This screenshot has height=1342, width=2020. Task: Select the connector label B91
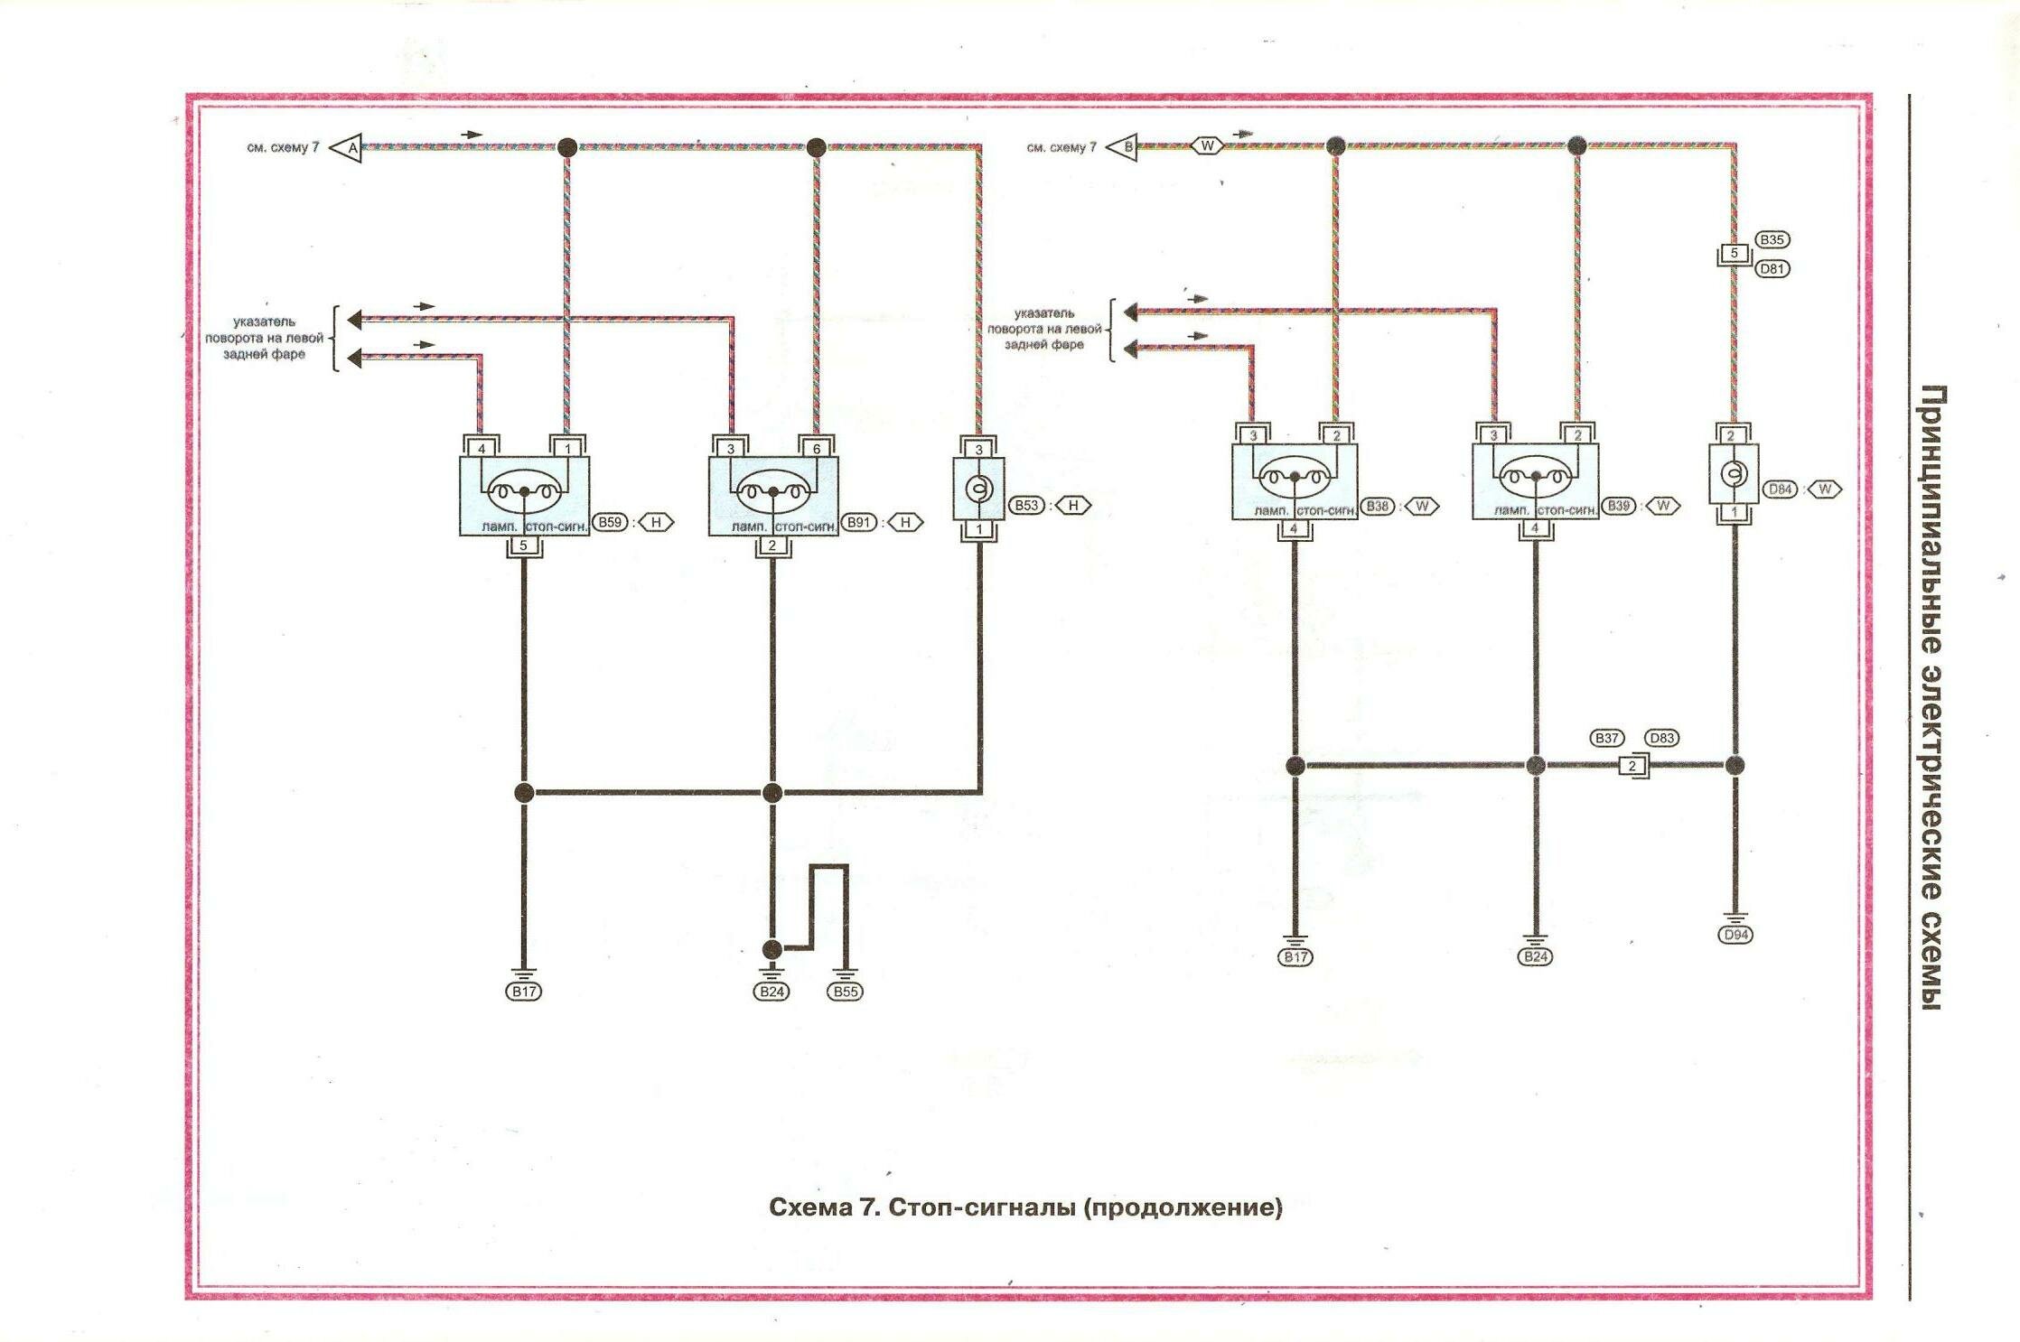tap(859, 522)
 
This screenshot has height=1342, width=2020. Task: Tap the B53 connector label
tap(1026, 506)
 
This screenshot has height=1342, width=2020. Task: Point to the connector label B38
tap(1378, 507)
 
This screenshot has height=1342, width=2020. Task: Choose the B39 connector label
tap(1619, 506)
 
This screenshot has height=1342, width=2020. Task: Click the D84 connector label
tap(1781, 489)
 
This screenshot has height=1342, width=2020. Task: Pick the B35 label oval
tap(1772, 239)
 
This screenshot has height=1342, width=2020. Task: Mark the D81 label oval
tap(1772, 268)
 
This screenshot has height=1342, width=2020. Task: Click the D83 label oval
tap(1662, 738)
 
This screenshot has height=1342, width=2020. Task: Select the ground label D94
tap(1735, 935)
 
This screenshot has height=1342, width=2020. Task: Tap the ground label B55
tap(846, 992)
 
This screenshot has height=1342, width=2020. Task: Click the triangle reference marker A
tap(347, 147)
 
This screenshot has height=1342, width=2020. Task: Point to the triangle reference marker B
tap(1123, 146)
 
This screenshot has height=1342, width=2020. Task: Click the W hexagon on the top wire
tap(1207, 145)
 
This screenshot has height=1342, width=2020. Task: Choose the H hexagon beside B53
tap(1073, 506)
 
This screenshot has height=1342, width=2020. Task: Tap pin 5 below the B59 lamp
tap(523, 545)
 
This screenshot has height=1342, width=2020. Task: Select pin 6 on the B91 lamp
tap(817, 449)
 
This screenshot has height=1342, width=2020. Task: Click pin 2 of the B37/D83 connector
tap(1632, 766)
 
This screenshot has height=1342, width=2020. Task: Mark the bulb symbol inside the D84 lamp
tap(1735, 473)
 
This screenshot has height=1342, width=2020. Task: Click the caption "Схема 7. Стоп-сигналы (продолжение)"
tap(1025, 1207)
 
